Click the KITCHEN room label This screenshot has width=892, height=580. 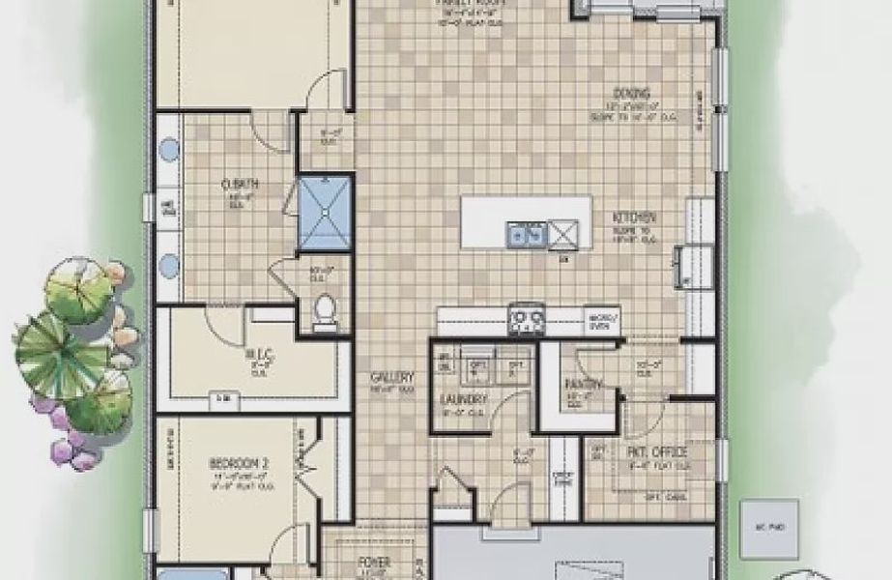(x=634, y=217)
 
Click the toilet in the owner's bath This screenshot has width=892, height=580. (x=327, y=309)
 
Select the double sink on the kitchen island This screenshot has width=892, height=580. (x=527, y=233)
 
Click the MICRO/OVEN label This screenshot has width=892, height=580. (x=601, y=321)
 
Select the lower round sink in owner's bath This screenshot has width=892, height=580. (x=169, y=264)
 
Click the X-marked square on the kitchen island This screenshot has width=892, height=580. (x=561, y=233)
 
